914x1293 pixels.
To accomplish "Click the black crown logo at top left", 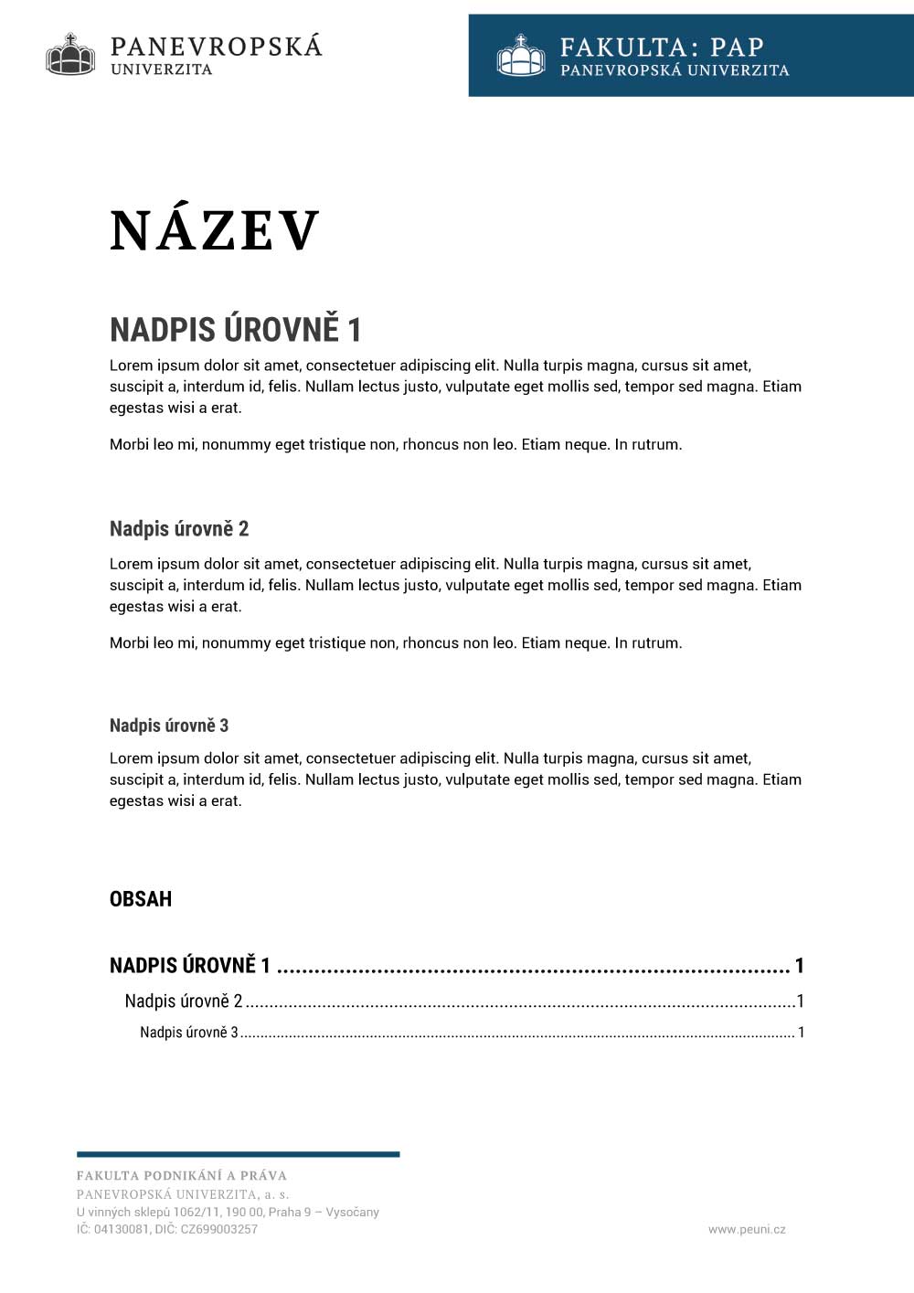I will (x=70, y=54).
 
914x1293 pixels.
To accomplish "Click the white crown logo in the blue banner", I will (x=521, y=56).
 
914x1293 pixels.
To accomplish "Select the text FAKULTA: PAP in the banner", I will (x=662, y=47).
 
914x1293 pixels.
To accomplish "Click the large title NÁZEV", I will (x=215, y=230).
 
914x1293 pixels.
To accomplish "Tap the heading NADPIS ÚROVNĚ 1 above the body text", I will (x=235, y=330).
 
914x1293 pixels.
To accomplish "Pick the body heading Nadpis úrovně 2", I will (x=179, y=529).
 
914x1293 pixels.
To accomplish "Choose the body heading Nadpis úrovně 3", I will (x=169, y=726).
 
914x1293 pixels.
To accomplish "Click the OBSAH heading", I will (x=141, y=899).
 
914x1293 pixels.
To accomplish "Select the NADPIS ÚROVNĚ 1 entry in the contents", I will (x=190, y=966).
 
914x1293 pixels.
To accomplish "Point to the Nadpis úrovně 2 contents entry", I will (x=184, y=1002).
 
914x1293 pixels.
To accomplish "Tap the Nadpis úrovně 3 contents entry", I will (x=189, y=1033).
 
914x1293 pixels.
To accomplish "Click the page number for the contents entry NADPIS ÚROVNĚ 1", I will (x=800, y=966).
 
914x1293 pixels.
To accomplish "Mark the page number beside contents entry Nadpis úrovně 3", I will (x=802, y=1033).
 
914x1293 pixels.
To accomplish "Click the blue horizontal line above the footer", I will (x=238, y=1154).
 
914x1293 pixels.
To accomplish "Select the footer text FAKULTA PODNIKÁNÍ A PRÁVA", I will (x=182, y=1176).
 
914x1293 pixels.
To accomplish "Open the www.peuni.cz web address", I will (x=747, y=1230).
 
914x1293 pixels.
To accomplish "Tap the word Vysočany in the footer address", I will (x=353, y=1213).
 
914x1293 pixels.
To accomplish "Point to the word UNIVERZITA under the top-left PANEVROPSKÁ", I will (x=162, y=69).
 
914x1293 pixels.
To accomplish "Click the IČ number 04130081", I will (x=118, y=1230).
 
